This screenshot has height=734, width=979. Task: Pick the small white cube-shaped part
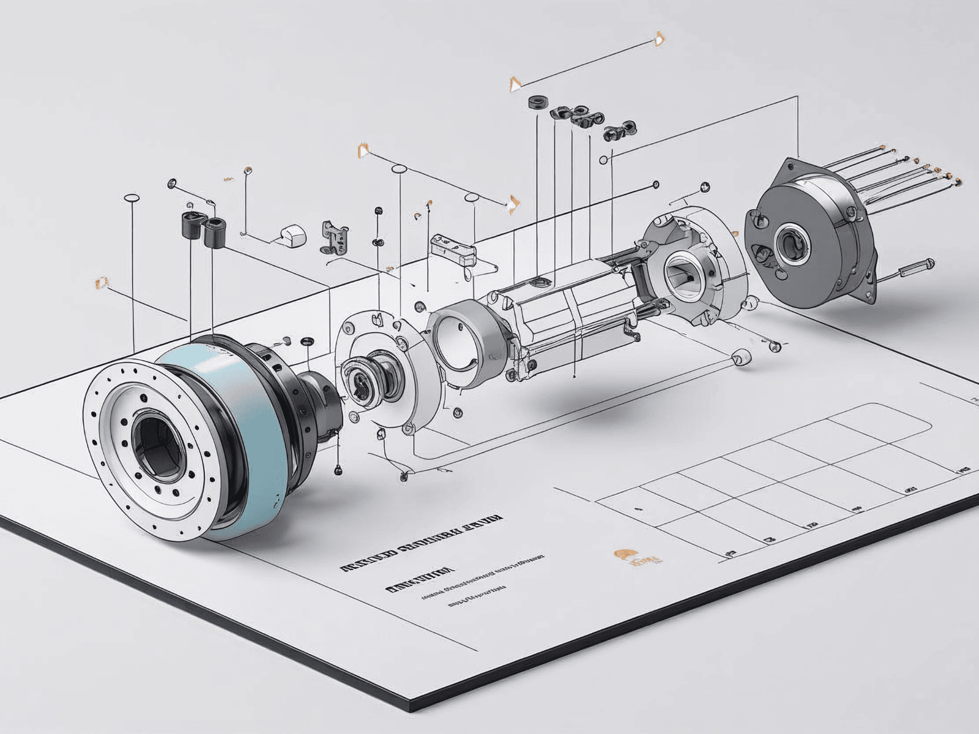[x=292, y=235]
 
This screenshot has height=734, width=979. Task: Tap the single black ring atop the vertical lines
[x=537, y=102]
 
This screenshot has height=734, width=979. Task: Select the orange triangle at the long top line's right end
[x=659, y=40]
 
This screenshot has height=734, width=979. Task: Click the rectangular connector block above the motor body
[x=453, y=248]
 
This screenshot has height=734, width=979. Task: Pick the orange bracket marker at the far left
[x=101, y=282]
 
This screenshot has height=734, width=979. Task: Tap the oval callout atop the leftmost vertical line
[x=132, y=198]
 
